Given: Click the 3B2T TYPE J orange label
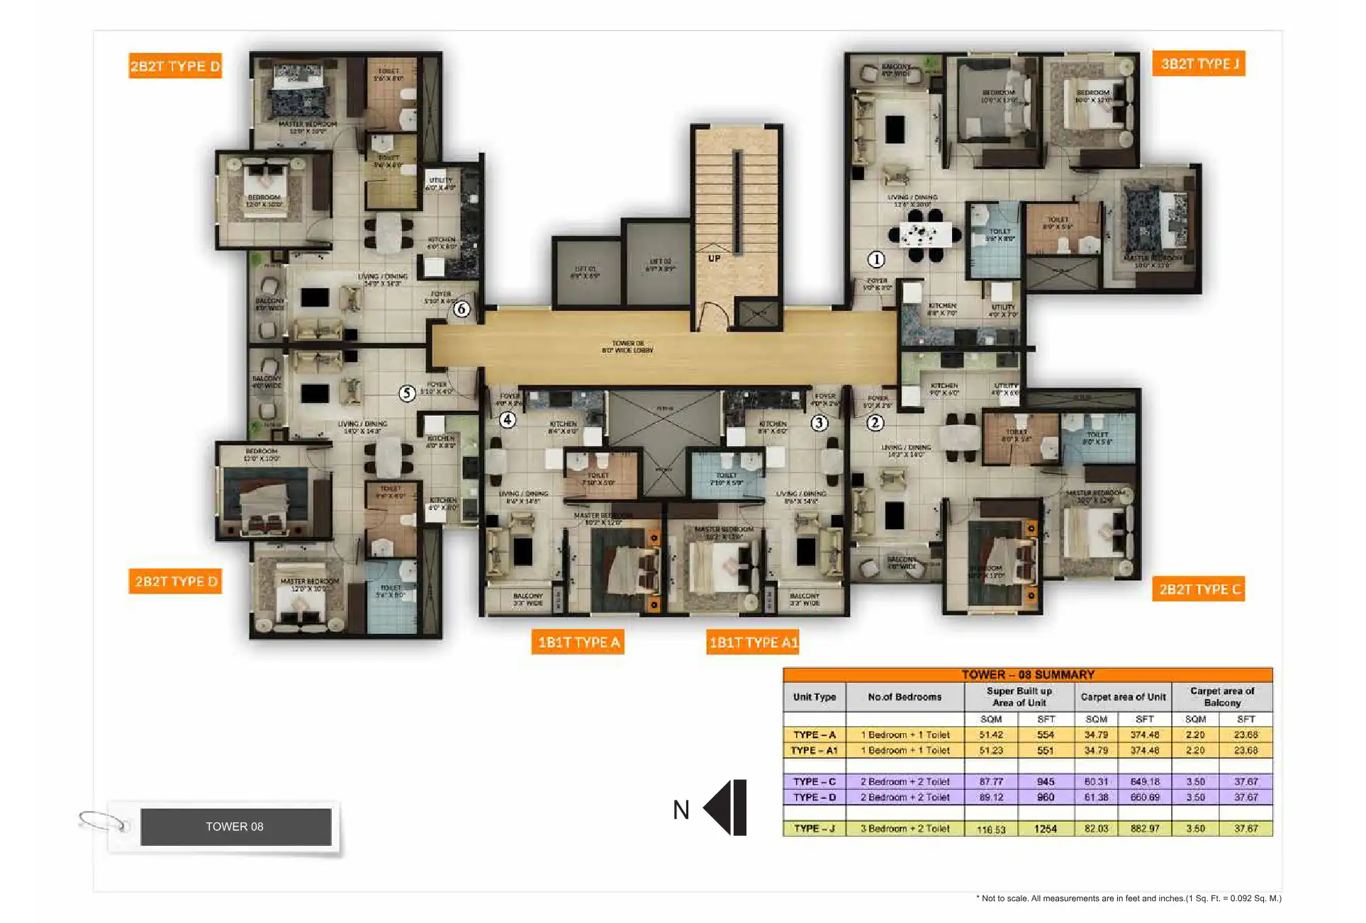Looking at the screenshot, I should coord(1199,64).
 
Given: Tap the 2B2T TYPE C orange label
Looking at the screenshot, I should coord(1199,589).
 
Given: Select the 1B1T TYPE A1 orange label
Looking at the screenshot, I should coord(753,642).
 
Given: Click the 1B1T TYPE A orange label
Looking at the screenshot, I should coord(578,642).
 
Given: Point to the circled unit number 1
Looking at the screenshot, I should coord(877,259).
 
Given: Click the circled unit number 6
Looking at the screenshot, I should coord(461,309).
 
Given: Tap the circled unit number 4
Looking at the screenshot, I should coord(508,420).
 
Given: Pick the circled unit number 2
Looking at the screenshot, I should coord(875,423).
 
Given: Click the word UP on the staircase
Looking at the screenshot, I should coord(714,259).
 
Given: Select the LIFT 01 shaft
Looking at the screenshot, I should coord(586,273).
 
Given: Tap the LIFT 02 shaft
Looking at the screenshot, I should coord(659,266).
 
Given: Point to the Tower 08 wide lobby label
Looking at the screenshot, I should coord(628,346).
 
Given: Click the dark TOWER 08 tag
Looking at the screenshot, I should coord(235,827).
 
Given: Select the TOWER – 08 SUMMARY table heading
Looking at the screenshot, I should coord(1027,674).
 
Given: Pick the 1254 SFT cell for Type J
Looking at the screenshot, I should coord(1046,829).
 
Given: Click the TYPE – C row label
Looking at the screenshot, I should coord(814,781).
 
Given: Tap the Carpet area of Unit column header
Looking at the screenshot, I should coord(1123,697).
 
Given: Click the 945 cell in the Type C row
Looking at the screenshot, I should coord(1046,781).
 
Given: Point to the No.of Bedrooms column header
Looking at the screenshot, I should coord(905,697).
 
